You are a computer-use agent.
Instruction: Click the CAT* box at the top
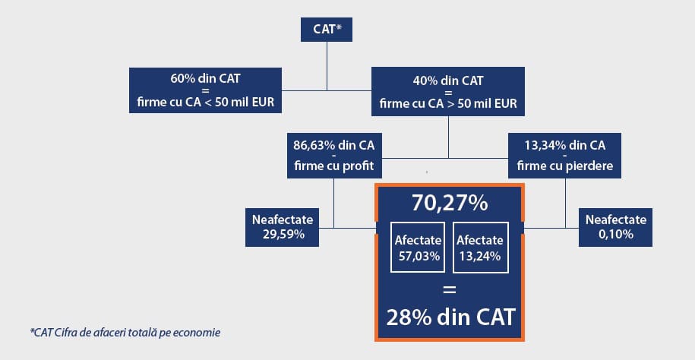coord(327,30)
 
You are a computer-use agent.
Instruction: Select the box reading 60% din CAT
coord(205,90)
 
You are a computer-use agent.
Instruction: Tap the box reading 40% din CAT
coord(448,92)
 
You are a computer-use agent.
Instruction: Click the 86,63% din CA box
coord(333,156)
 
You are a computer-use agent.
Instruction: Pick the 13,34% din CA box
coord(564,156)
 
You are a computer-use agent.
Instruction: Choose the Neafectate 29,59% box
coord(283,227)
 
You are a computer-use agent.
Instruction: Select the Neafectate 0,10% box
coord(616,227)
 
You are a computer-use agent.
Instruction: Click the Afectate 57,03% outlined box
coord(418,248)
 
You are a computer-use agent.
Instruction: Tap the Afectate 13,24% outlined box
coord(481,248)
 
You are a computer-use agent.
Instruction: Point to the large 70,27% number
coord(450,204)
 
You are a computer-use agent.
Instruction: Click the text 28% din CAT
coord(450,317)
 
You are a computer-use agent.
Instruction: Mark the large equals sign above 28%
coord(450,290)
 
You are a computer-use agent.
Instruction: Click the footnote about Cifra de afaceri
coord(125,332)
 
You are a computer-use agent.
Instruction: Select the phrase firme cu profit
coord(333,166)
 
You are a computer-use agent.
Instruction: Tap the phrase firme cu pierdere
coord(564,166)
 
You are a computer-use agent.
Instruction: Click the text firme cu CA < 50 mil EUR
coord(206,103)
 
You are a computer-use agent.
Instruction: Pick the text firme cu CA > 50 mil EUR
coord(448,104)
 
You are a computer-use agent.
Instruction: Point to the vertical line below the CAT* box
coord(327,66)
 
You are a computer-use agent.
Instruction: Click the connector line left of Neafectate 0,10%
coord(551,228)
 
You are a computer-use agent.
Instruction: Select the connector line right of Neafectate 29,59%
coord(348,228)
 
